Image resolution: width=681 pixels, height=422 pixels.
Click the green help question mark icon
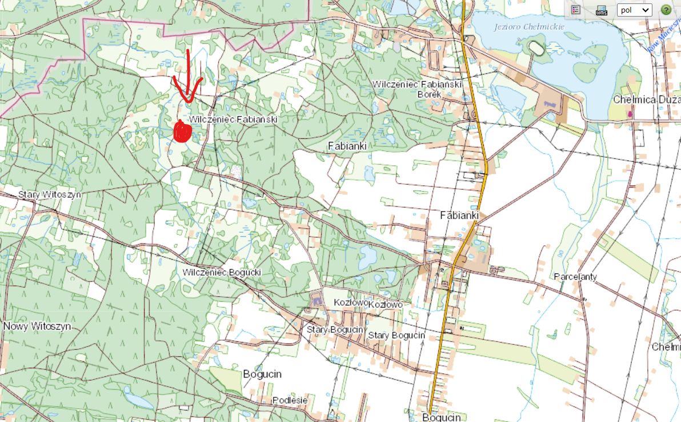click(666, 10)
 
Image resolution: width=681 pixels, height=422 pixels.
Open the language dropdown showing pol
click(634, 10)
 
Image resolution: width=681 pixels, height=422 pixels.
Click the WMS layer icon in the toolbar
click(601, 10)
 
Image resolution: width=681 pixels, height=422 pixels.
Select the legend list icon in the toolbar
click(576, 10)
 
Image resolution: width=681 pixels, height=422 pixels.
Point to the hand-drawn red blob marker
click(183, 131)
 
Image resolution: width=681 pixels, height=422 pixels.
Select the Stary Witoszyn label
click(50, 194)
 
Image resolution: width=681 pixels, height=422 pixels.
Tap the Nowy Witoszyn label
click(37, 327)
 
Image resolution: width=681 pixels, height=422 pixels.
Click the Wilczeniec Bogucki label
click(222, 272)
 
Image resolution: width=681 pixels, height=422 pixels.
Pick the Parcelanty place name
click(575, 277)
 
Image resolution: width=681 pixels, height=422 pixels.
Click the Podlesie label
click(290, 400)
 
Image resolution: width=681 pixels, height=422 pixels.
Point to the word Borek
click(430, 94)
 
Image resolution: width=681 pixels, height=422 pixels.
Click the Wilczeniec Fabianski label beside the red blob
click(234, 120)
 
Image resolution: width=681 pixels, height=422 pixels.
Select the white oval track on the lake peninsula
click(536, 48)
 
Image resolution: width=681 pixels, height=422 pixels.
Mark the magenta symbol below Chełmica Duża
click(630, 114)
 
